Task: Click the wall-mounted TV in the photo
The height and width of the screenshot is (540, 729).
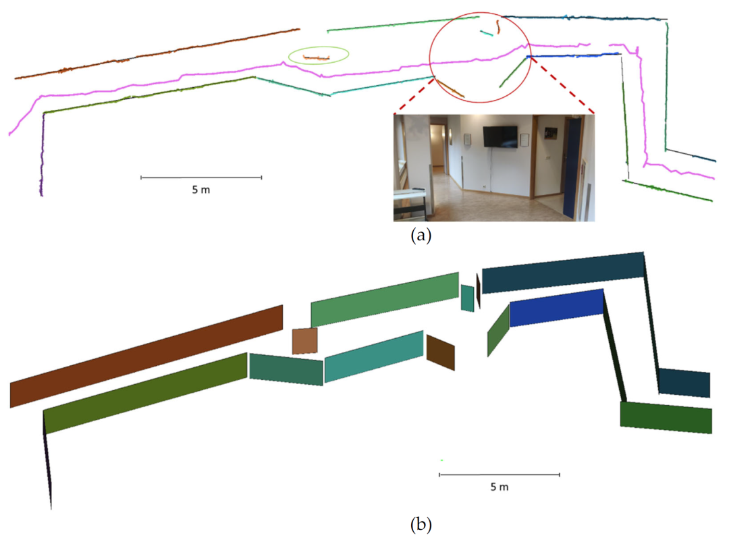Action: tap(498, 136)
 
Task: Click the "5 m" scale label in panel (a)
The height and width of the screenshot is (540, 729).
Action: tap(200, 190)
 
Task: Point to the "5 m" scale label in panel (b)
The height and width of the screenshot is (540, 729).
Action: tap(499, 487)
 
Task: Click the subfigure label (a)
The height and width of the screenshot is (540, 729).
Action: tap(418, 236)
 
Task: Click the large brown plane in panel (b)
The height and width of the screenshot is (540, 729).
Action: tap(145, 356)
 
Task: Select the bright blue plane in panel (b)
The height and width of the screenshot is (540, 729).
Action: tap(556, 307)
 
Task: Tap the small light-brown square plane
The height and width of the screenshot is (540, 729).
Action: tap(304, 340)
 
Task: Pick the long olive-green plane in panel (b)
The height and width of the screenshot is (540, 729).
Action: tap(145, 392)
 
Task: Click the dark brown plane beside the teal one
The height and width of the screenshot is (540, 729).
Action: tap(441, 352)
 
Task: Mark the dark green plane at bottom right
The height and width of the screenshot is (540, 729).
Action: tap(666, 417)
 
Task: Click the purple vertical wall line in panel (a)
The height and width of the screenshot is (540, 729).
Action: tap(42, 155)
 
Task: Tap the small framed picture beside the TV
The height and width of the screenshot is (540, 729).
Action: tap(524, 138)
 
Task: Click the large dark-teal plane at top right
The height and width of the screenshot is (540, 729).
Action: tap(564, 271)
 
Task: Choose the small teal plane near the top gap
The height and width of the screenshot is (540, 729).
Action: tap(467, 298)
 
